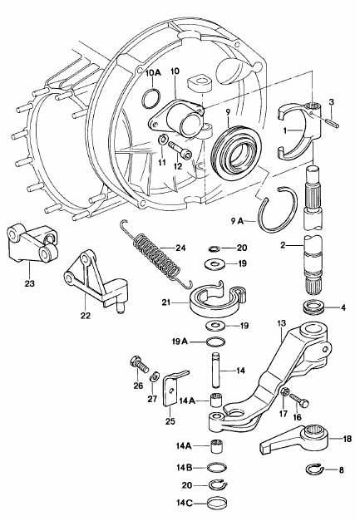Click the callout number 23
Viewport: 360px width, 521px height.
point(29,283)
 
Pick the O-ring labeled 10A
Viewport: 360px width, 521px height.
point(151,98)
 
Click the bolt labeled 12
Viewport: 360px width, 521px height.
point(180,150)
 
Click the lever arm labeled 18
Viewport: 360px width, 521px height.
point(296,440)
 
